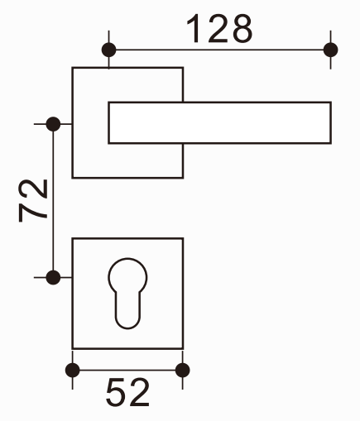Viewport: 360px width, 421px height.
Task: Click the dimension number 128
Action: [x=219, y=29]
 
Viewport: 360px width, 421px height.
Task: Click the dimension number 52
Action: [x=127, y=392]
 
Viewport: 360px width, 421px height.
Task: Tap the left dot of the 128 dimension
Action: [x=108, y=50]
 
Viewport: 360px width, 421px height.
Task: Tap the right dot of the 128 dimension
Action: [x=330, y=50]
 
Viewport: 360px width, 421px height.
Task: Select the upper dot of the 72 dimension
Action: [x=53, y=124]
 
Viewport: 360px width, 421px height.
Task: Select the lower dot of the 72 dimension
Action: [x=53, y=277]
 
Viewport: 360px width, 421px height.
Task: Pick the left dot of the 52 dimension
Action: [x=73, y=370]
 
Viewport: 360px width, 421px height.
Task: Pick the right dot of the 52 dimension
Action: [x=182, y=370]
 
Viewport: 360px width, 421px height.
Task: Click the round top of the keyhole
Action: [x=127, y=259]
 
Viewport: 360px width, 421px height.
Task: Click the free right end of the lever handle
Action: [x=331, y=122]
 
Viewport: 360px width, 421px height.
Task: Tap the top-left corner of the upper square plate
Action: [x=72, y=68]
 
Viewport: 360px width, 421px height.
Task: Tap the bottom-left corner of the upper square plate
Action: [x=72, y=178]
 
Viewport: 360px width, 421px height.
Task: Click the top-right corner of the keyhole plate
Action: [x=183, y=238]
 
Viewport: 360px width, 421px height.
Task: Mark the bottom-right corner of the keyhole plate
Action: [x=183, y=349]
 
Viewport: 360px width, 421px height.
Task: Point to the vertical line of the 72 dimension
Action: [x=53, y=201]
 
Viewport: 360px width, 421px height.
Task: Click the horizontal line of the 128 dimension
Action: [x=219, y=50]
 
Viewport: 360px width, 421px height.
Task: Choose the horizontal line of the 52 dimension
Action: [x=127, y=370]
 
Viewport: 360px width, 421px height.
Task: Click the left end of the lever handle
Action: [x=108, y=122]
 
